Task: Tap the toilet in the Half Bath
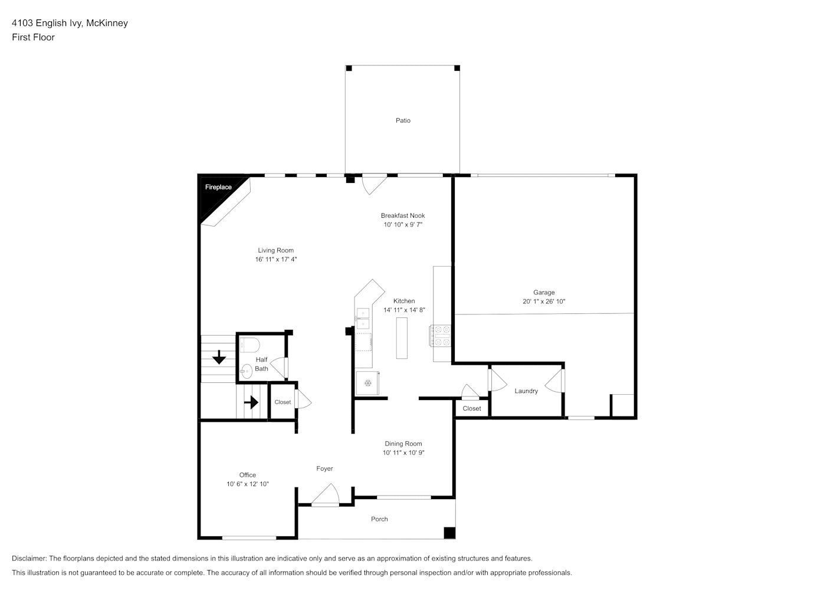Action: [x=249, y=345]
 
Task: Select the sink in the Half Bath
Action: [x=246, y=371]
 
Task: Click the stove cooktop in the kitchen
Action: [x=441, y=335]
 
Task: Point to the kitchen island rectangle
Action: [x=401, y=338]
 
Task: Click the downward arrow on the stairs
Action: [x=219, y=357]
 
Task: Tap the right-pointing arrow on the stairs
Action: [x=251, y=402]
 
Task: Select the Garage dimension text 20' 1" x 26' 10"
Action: [x=544, y=301]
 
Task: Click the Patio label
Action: [x=403, y=120]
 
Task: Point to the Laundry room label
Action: [x=526, y=391]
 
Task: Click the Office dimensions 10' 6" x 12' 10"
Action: [x=248, y=484]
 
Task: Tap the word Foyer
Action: [x=324, y=468]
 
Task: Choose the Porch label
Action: [x=379, y=519]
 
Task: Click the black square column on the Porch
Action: [x=449, y=533]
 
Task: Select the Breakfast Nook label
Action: [x=402, y=215]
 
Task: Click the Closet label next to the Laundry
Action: [x=472, y=408]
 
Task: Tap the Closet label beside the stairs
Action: [x=283, y=402]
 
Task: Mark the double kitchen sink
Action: [x=363, y=319]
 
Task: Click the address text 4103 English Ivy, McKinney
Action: [x=70, y=23]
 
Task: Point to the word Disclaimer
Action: [x=29, y=558]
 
